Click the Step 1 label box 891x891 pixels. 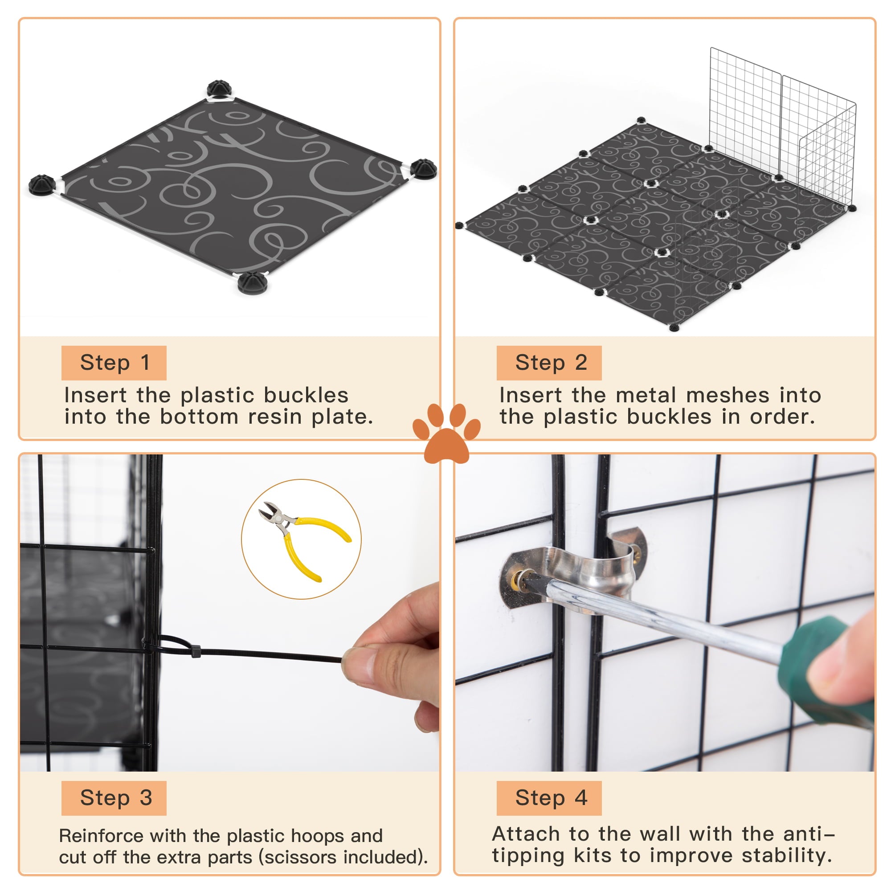click(114, 363)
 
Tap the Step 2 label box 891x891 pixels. click(549, 363)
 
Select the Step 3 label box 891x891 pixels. click(114, 798)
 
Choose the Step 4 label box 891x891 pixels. click(549, 798)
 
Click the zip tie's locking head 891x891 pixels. click(196, 651)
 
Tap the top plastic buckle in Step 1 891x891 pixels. click(221, 89)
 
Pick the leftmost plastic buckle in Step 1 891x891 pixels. click(42, 184)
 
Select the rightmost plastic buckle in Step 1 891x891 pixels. click(423, 169)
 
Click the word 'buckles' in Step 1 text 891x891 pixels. click(306, 396)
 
